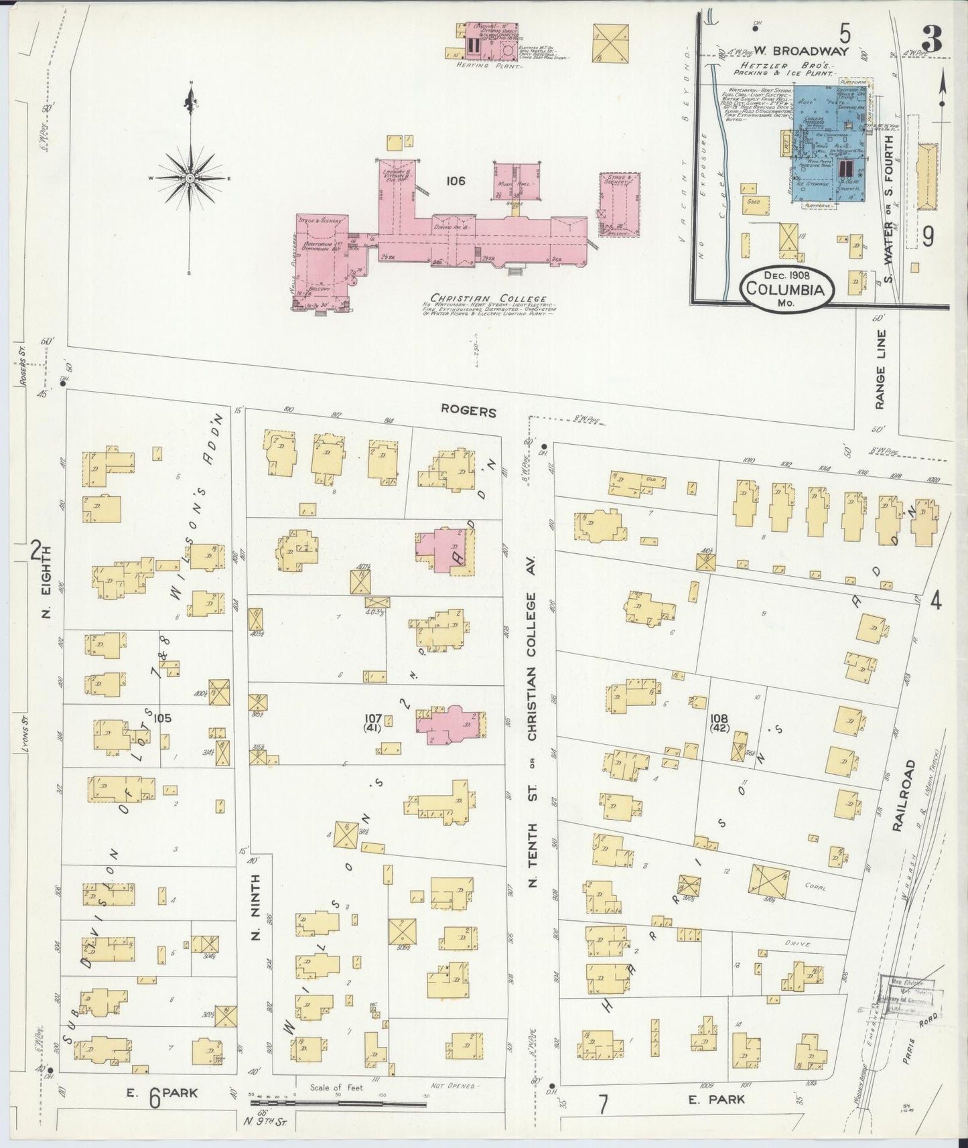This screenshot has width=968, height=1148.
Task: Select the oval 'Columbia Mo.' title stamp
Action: pyautogui.click(x=787, y=290)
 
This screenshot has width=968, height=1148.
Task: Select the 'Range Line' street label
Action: pyautogui.click(x=880, y=369)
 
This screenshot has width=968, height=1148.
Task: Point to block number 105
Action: pyautogui.click(x=161, y=719)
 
